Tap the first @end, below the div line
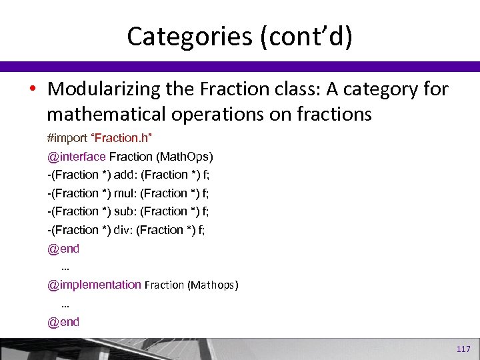point(63,249)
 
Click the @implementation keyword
point(94,285)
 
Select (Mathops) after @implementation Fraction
point(213,285)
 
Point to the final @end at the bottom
point(63,322)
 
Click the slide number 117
point(463,349)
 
